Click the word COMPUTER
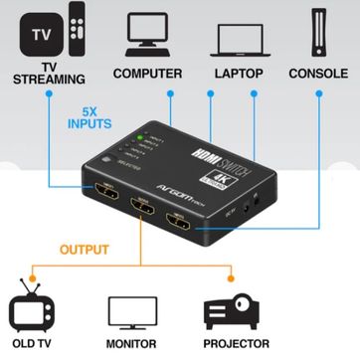point(147,74)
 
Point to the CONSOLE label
point(317,74)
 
